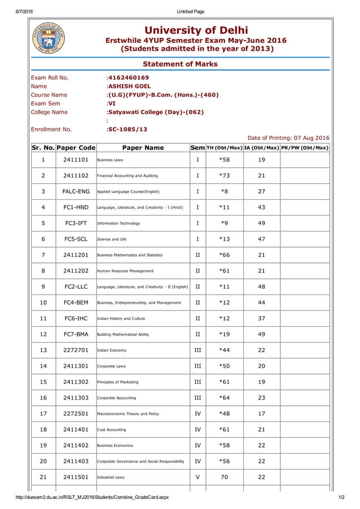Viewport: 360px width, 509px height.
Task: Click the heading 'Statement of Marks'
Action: [180, 64]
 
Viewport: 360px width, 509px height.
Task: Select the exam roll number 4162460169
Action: [129, 77]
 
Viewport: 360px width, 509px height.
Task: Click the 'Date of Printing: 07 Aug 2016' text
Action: [288, 138]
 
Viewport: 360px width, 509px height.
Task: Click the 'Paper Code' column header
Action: [76, 148]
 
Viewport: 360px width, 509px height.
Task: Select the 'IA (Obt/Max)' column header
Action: [261, 148]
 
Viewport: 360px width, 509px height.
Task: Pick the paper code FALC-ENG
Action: [76, 192]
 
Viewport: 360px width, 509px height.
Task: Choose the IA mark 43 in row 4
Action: [261, 208]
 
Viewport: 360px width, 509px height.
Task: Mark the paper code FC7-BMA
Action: [76, 335]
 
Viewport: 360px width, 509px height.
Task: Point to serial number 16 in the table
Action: [43, 398]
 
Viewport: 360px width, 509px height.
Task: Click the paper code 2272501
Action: [76, 414]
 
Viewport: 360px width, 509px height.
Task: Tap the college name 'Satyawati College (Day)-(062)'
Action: [156, 112]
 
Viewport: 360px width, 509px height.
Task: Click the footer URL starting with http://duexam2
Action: [84, 497]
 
